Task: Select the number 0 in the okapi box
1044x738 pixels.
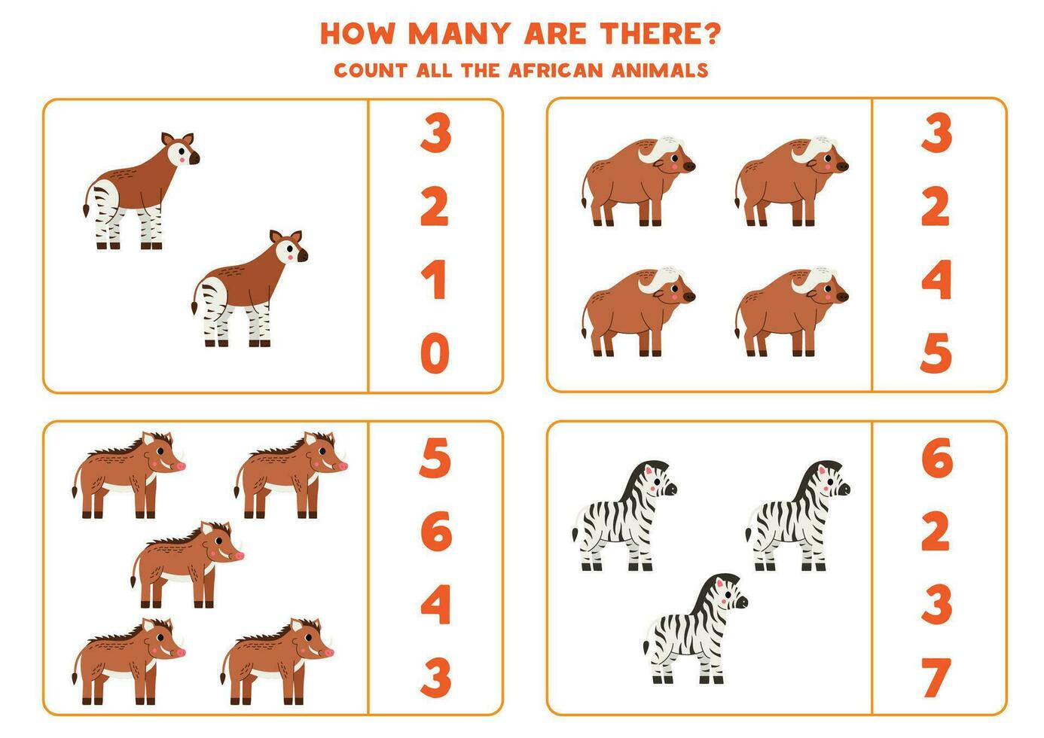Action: pyautogui.click(x=435, y=353)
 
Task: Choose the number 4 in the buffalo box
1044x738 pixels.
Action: pyautogui.click(x=936, y=280)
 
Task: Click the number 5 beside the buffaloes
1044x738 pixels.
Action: pyautogui.click(x=936, y=353)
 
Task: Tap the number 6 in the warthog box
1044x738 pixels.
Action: pyautogui.click(x=435, y=532)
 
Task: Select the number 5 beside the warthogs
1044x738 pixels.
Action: pyautogui.click(x=435, y=459)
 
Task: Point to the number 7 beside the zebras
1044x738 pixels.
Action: pyautogui.click(x=936, y=677)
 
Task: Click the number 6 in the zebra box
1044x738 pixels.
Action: pyautogui.click(x=936, y=459)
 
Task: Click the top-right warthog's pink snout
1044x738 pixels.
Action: pyautogui.click(x=340, y=466)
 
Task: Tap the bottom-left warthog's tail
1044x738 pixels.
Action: pyautogui.click(x=75, y=663)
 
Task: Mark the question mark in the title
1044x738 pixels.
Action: pyautogui.click(x=712, y=33)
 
